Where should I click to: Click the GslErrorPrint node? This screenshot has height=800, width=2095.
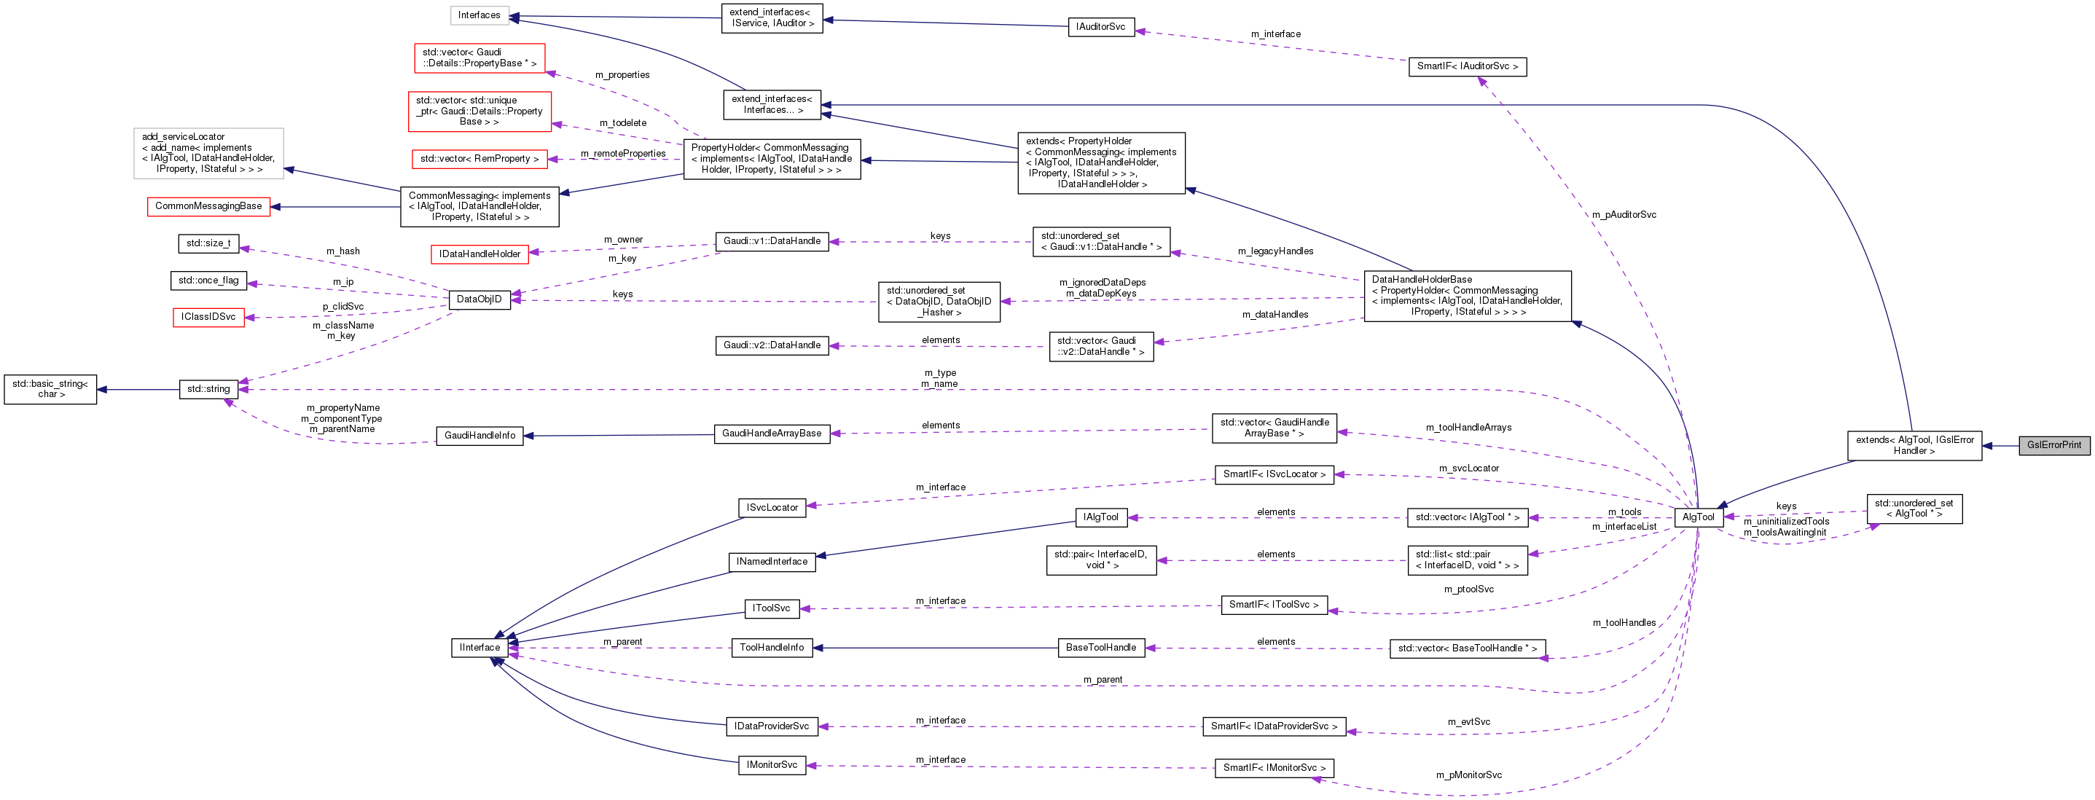pyautogui.click(x=2053, y=444)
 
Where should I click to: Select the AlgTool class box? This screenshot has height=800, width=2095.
pyautogui.click(x=1698, y=517)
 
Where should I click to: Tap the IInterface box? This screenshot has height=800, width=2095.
pyautogui.click(x=479, y=647)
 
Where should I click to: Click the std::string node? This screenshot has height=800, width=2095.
pyautogui.click(x=208, y=388)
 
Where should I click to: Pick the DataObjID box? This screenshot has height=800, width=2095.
pyautogui.click(x=479, y=299)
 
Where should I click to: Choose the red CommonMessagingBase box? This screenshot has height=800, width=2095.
pyautogui.click(x=208, y=205)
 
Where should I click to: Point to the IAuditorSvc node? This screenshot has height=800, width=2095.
pyautogui.click(x=1100, y=27)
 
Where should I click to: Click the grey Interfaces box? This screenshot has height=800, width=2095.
pyautogui.click(x=479, y=15)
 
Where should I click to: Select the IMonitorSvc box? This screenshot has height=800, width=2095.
pyautogui.click(x=772, y=765)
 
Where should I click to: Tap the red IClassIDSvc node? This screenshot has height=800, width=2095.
pyautogui.click(x=208, y=316)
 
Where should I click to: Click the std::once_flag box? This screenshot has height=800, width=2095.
pyautogui.click(x=208, y=281)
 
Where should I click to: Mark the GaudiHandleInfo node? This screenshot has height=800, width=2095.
pyautogui.click(x=479, y=435)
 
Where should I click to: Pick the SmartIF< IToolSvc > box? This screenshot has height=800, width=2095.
pyautogui.click(x=1274, y=604)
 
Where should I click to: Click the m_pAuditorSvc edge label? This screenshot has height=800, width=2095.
pyautogui.click(x=1624, y=215)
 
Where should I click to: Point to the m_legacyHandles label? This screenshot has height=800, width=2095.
pyautogui.click(x=1275, y=251)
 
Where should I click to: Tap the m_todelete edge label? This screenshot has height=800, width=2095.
pyautogui.click(x=623, y=122)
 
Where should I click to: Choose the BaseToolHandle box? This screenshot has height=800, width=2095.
pyautogui.click(x=1100, y=647)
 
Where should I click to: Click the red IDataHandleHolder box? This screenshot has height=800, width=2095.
pyautogui.click(x=479, y=254)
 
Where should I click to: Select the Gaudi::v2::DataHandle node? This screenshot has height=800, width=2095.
pyautogui.click(x=772, y=345)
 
